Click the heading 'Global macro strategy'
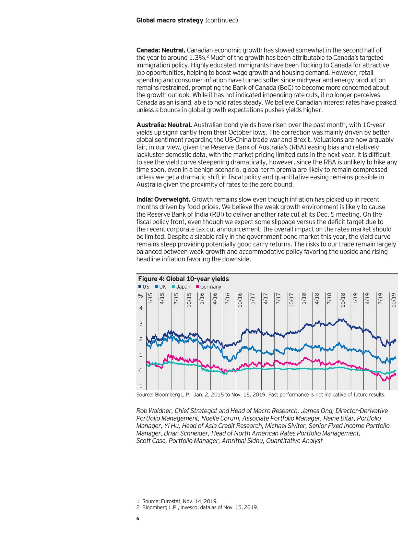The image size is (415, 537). (x=170, y=20)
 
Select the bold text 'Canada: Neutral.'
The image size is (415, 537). (x=161, y=51)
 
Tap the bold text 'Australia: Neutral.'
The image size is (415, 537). (x=164, y=125)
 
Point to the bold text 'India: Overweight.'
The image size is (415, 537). (x=163, y=199)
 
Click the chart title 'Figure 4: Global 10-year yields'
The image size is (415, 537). (x=183, y=279)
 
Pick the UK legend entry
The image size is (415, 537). (x=161, y=287)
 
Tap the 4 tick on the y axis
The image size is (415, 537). (x=141, y=308)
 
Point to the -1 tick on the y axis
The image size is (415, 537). (x=140, y=386)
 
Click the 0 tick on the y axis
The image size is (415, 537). (x=141, y=371)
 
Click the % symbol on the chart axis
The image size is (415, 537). (x=140, y=296)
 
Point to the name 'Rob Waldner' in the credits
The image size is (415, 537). (x=152, y=411)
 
